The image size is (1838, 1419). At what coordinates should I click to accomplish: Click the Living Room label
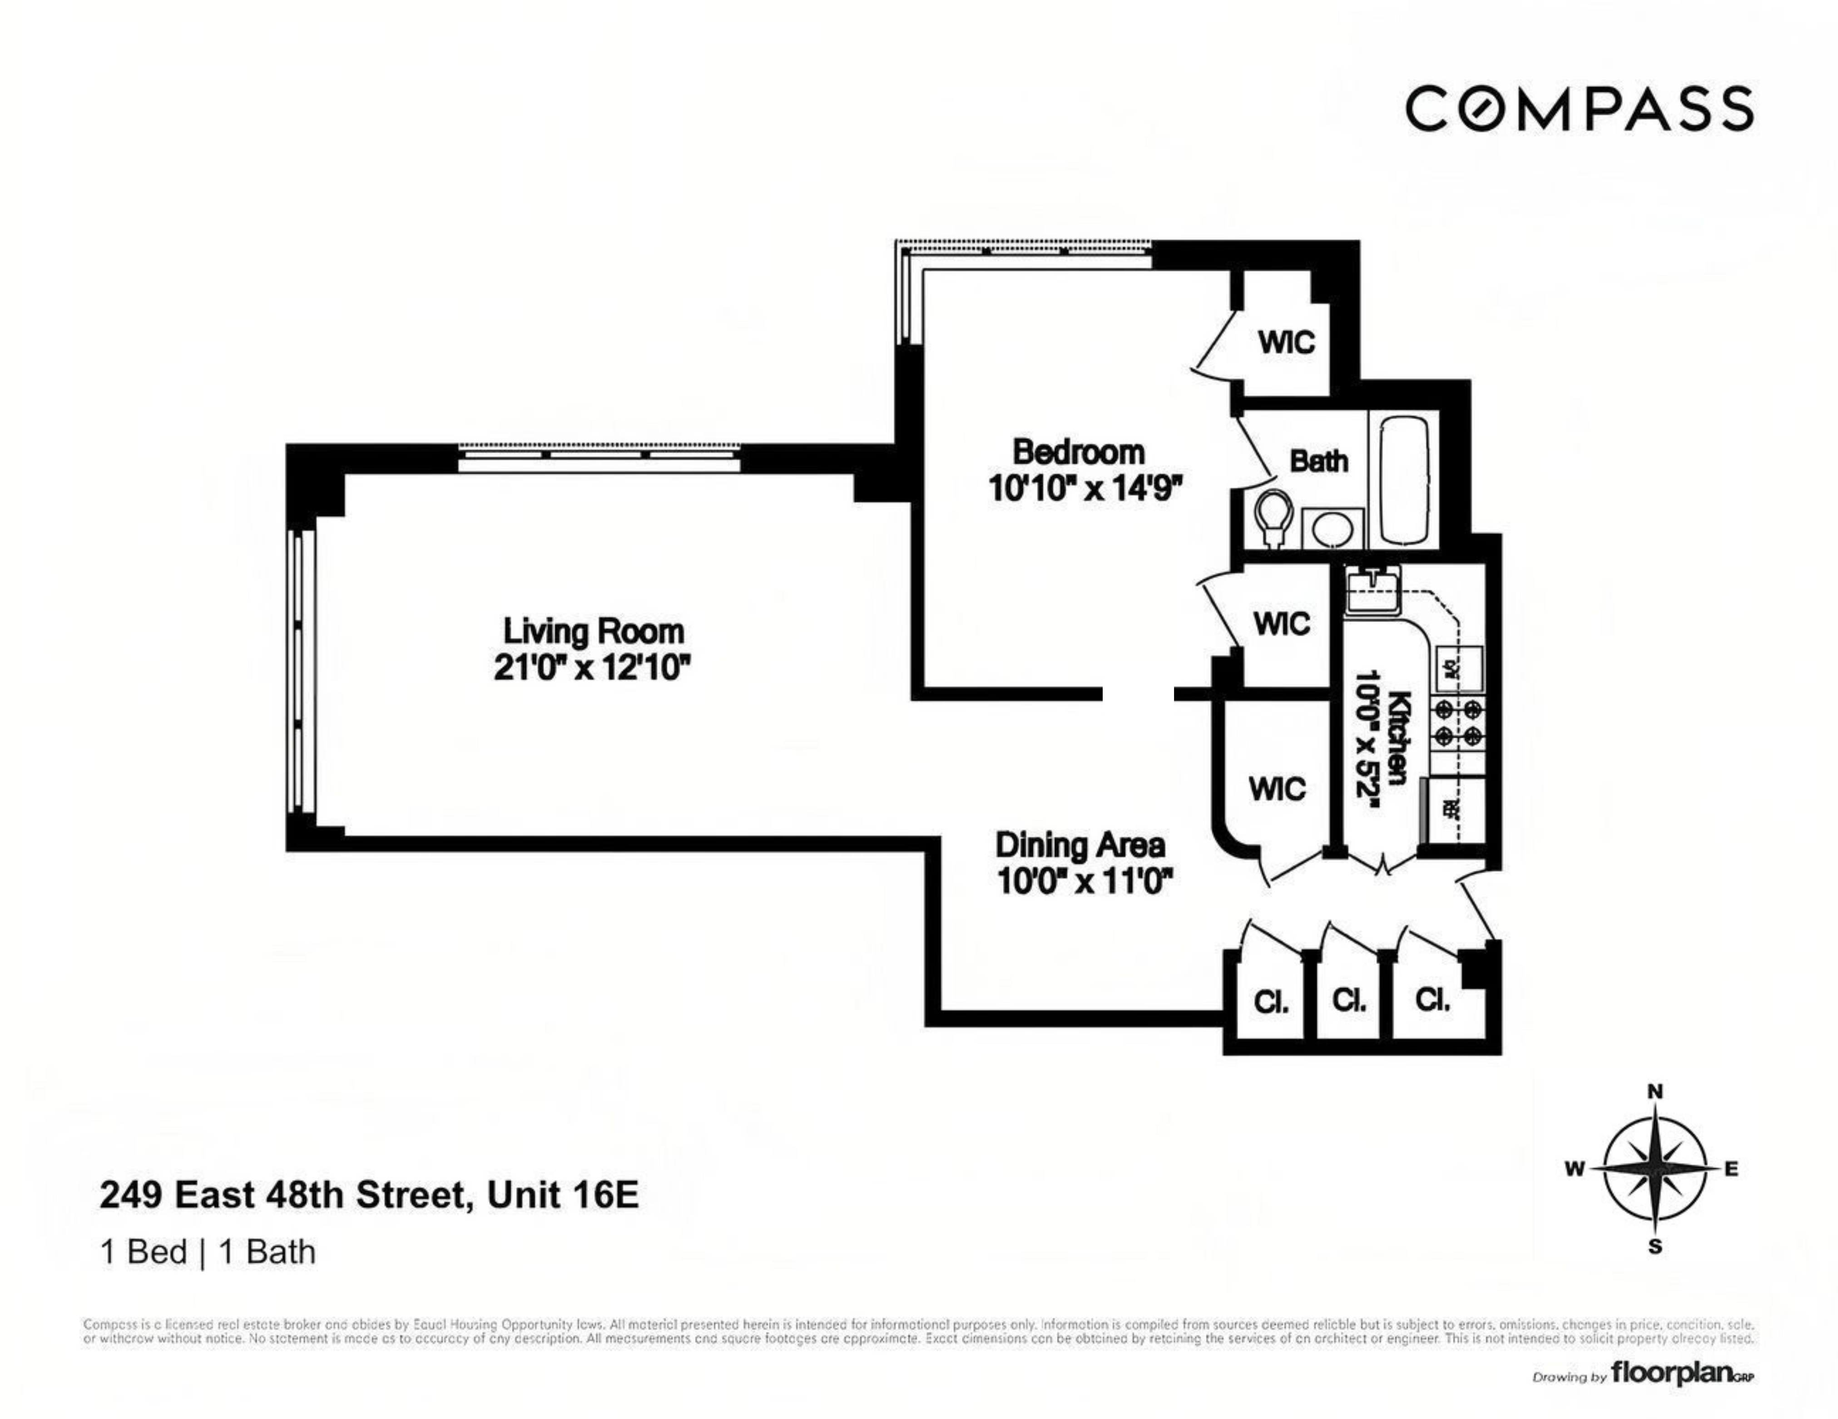[x=593, y=631]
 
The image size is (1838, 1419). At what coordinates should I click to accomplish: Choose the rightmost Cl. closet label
[x=1432, y=1000]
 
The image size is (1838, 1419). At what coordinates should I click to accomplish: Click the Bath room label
[x=1319, y=461]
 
